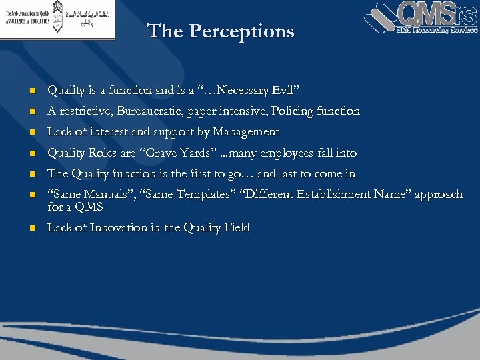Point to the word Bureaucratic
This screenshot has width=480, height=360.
[x=151, y=111]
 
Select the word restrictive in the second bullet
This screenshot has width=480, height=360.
[x=85, y=111]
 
